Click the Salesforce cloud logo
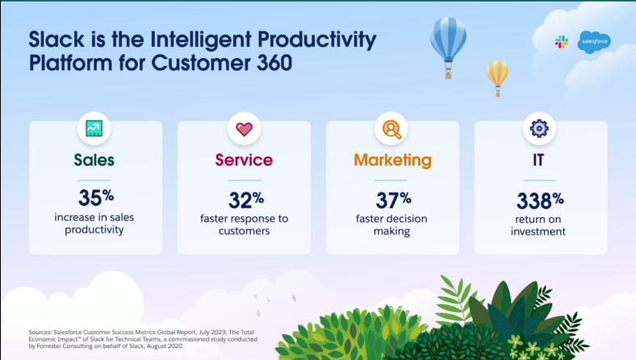(x=594, y=42)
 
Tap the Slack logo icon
(x=562, y=42)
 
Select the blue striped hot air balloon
(x=448, y=48)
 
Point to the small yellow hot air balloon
(x=498, y=78)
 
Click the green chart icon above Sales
(x=94, y=128)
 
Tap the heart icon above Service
(x=245, y=129)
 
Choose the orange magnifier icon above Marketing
(x=391, y=129)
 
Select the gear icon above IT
(x=539, y=128)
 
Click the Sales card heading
(x=94, y=160)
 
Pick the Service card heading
(x=245, y=160)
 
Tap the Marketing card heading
(x=392, y=161)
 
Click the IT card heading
(x=538, y=160)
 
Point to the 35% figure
(x=96, y=198)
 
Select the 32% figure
(x=246, y=199)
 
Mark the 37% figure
(x=393, y=199)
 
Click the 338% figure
(x=540, y=200)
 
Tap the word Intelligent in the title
(x=201, y=40)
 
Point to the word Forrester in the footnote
(x=50, y=346)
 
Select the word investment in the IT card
(x=538, y=232)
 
